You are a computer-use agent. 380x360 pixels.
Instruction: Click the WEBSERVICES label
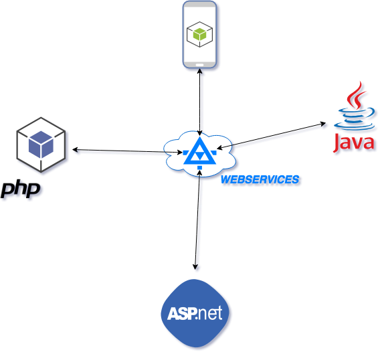tap(260, 179)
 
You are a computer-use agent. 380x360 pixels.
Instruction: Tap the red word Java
tap(354, 143)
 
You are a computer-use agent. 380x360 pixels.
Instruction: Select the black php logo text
tap(20, 189)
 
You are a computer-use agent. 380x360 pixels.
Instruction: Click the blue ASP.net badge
tap(195, 313)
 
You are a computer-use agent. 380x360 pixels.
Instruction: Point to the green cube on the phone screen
tap(199, 34)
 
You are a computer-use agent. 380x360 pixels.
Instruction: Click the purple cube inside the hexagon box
tap(41, 145)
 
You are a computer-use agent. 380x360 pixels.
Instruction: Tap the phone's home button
tap(199, 65)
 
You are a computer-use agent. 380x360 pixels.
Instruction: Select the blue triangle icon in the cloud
tap(199, 152)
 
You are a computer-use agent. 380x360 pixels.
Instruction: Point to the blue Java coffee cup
tap(355, 118)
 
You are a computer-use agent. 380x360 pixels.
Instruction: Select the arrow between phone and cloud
tap(199, 102)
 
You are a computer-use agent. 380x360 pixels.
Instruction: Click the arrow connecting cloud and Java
tap(271, 136)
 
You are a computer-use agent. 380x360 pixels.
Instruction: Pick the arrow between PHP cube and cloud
tap(128, 151)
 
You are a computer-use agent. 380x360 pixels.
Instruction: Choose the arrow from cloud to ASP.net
tap(197, 219)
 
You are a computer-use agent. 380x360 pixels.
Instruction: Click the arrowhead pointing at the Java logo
tap(323, 124)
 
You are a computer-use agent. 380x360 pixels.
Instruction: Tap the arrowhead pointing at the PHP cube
tap(75, 150)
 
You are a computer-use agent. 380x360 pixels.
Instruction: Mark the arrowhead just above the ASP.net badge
tap(195, 267)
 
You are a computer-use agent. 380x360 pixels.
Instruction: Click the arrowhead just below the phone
tap(199, 72)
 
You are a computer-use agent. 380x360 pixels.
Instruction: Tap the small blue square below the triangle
tap(199, 167)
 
